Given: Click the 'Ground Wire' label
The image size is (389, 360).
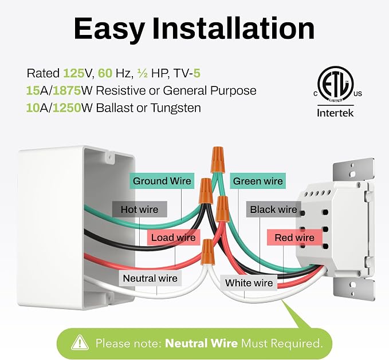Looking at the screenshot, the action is coord(162,181).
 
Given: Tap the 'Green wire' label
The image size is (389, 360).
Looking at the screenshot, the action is coord(258,181).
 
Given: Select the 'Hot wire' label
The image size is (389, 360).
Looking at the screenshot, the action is coord(139,209).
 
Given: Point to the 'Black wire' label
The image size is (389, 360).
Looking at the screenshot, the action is coord(273,209).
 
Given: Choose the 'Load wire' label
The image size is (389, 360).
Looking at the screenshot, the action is coord(174,238).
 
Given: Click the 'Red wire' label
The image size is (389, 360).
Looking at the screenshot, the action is coord(294,238).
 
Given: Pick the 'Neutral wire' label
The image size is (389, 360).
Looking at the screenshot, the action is coord(150,278).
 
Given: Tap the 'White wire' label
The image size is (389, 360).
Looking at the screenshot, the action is coord(249,283).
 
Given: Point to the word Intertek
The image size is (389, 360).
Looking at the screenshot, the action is coord(335,113).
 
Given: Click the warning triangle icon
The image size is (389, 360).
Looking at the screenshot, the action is coord(80,343).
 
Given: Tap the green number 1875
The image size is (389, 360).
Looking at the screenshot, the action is coord(67,90).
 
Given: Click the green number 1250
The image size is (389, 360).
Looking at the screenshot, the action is coord(67,108).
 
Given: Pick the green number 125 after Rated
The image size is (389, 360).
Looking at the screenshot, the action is coord(74,73).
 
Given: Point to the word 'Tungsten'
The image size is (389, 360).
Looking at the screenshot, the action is coord(176,108).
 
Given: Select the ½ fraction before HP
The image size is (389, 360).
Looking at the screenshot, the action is coord(143,73).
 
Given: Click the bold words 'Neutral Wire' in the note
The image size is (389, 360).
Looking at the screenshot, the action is coord(201,343).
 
